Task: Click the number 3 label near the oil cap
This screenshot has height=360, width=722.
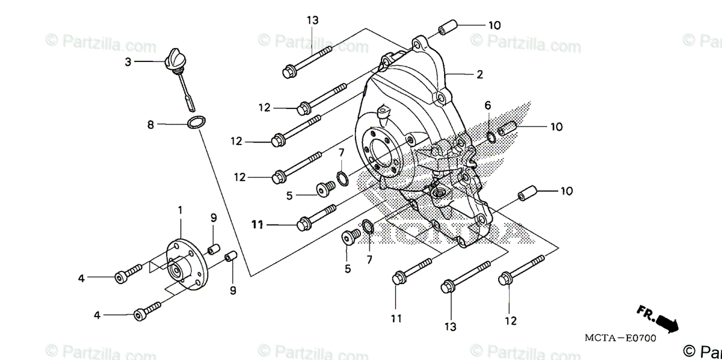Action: click(x=128, y=61)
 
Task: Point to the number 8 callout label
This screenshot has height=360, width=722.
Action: click(x=151, y=125)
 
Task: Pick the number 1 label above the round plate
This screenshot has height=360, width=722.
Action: click(x=180, y=210)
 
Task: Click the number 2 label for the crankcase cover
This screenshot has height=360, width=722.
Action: click(x=480, y=75)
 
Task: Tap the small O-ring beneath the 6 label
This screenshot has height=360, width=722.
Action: click(x=491, y=136)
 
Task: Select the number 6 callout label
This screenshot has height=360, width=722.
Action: click(x=488, y=105)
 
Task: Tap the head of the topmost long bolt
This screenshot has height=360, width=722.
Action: click(x=288, y=72)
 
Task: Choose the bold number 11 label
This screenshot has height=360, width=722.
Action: click(x=258, y=225)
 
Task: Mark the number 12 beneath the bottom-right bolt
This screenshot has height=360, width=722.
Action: click(x=510, y=321)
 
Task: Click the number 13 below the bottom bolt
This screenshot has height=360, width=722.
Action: click(x=450, y=326)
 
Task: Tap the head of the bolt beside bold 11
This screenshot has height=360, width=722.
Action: click(x=303, y=225)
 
